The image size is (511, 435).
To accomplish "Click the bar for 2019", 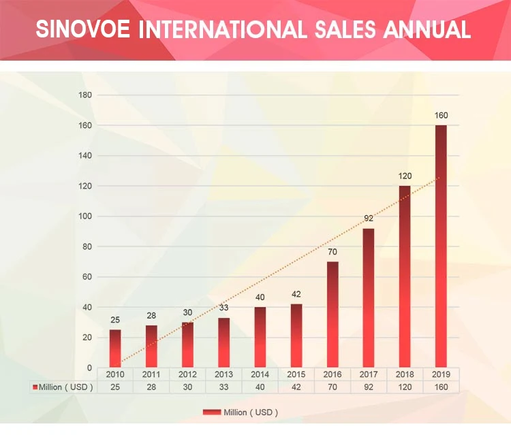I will tap(441, 246).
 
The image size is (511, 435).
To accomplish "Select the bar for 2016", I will tap(332, 315).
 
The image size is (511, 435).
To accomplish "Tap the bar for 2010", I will tap(115, 349).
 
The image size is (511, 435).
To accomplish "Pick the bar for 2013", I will tap(224, 342).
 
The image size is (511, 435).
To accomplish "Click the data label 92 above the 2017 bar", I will tap(368, 219).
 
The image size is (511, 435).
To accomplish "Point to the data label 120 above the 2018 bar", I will tap(405, 176).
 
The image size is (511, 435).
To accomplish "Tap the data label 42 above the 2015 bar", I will tap(296, 294).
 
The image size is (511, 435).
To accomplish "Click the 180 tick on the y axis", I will tap(85, 95).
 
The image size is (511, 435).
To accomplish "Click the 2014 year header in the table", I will tap(260, 374).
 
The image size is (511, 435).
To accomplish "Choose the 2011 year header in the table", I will tap(151, 374).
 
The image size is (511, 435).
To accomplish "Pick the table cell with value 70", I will tap(332, 387).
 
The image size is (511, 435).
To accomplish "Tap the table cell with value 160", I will tap(441, 387).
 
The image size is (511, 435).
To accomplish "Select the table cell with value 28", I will tap(151, 387).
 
